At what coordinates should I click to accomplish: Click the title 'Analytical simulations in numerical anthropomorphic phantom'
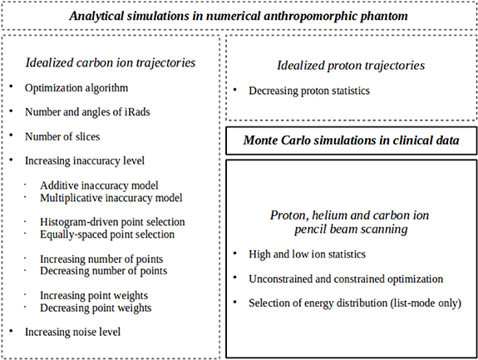point(239,16)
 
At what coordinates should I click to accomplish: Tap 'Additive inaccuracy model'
point(99,185)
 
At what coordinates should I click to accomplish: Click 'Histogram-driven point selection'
point(112,222)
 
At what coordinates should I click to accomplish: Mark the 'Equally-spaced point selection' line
point(107,234)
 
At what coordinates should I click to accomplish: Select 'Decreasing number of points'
point(103,271)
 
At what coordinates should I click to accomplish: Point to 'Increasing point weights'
point(95,295)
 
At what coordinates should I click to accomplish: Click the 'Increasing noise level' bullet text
point(73,332)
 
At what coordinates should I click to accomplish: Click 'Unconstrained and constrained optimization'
point(345,279)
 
